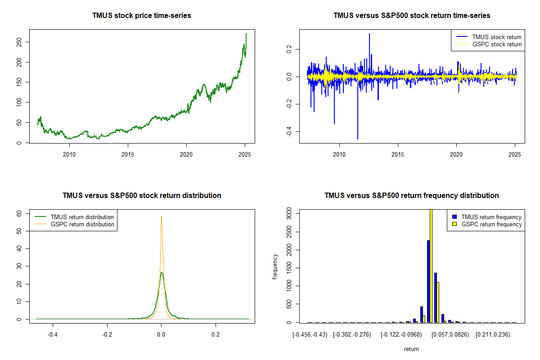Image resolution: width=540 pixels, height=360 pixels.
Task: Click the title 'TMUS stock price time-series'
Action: point(142,16)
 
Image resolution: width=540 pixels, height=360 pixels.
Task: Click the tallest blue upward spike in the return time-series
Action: point(369,34)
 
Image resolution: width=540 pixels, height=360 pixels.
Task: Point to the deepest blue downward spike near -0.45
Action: point(358,138)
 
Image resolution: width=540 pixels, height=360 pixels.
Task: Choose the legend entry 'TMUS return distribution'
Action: point(82,217)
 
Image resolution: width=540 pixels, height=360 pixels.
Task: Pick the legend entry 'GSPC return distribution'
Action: point(82,224)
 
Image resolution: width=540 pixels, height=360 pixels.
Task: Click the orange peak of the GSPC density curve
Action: point(162,216)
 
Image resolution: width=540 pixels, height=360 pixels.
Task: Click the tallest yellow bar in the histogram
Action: point(431,265)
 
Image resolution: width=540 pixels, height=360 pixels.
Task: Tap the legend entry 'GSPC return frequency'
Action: point(491,224)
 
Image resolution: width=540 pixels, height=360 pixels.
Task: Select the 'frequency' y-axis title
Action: point(275,267)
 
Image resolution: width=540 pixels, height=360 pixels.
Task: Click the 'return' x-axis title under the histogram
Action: point(411,349)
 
